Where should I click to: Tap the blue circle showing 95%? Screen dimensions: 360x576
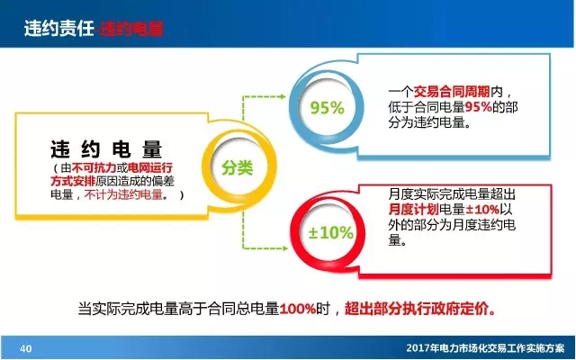click(327, 108)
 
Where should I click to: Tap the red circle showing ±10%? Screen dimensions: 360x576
click(330, 232)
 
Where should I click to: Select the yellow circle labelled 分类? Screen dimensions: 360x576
click(238, 168)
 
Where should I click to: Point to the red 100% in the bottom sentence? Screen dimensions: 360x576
click(298, 309)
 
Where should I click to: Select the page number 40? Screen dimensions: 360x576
click(25, 347)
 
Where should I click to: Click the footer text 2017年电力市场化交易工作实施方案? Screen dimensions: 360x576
click(482, 347)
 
